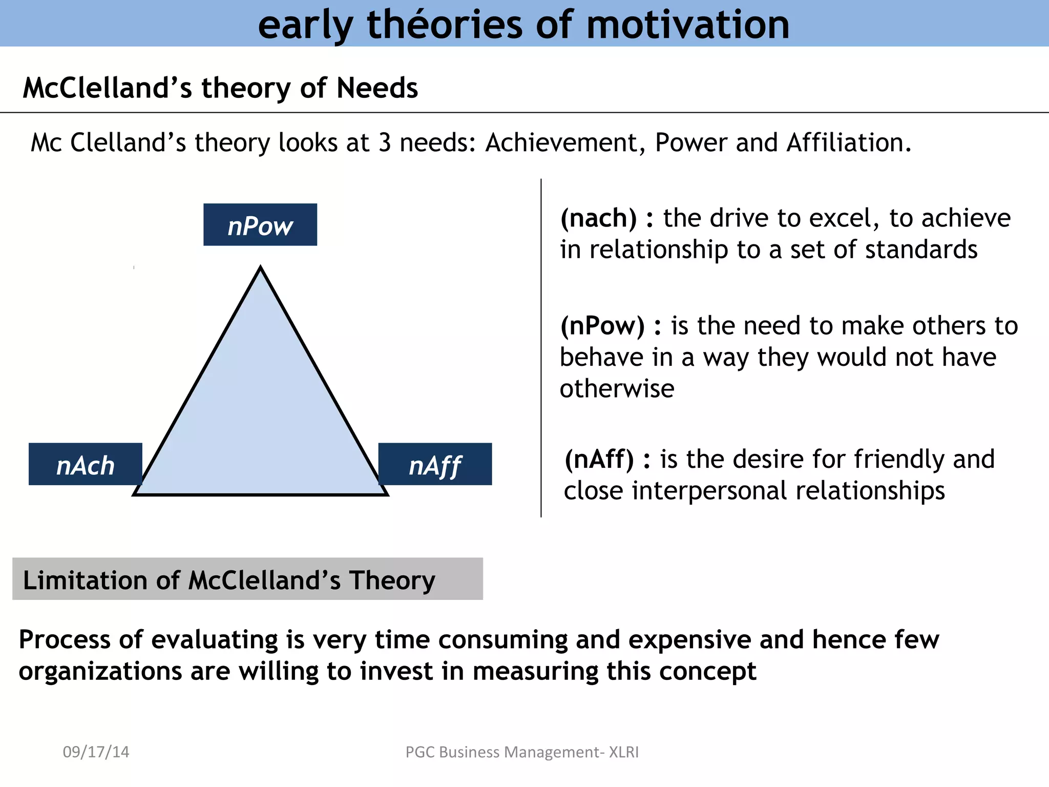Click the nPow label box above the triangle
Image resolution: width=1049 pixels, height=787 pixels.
point(260,225)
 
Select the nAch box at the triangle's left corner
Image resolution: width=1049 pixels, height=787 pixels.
point(85,465)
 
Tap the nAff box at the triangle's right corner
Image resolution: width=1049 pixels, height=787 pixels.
point(435,465)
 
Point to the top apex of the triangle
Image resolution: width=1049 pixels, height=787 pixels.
point(260,268)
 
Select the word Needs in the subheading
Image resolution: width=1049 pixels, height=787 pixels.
point(377,88)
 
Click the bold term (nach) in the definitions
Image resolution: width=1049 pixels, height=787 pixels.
point(598,218)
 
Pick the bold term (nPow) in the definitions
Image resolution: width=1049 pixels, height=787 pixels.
point(602,326)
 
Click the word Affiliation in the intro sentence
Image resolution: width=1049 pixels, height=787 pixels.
point(848,142)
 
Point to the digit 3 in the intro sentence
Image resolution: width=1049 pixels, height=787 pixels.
point(385,142)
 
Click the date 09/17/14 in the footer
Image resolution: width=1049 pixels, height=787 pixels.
point(96,752)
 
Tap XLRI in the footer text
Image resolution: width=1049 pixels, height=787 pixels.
point(623,752)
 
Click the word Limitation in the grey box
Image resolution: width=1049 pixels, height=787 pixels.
point(85,580)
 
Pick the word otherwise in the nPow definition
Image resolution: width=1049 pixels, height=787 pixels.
point(617,388)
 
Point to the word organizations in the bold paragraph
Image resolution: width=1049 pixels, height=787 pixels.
point(100,671)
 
